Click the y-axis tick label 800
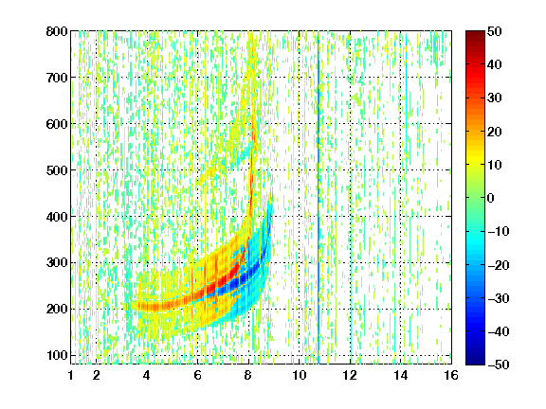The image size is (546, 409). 57,31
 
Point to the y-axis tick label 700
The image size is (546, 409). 57,78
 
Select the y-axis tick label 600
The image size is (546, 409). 57,124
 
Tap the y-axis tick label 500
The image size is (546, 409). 57,170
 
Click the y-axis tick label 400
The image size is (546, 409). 57,217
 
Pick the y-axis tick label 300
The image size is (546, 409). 57,263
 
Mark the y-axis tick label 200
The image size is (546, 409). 57,310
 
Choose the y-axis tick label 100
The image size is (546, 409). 57,355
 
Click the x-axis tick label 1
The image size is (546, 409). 71,375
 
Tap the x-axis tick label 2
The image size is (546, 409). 97,375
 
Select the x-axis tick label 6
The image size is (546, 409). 198,375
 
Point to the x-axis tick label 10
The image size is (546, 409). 300,375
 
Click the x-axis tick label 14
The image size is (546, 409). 401,375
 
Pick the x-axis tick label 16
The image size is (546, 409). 451,375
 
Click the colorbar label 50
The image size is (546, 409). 495,31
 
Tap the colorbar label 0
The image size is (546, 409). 491,198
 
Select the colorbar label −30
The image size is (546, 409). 499,298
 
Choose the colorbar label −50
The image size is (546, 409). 499,365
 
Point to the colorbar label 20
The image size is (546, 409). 495,132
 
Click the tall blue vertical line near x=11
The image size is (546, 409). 318,197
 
